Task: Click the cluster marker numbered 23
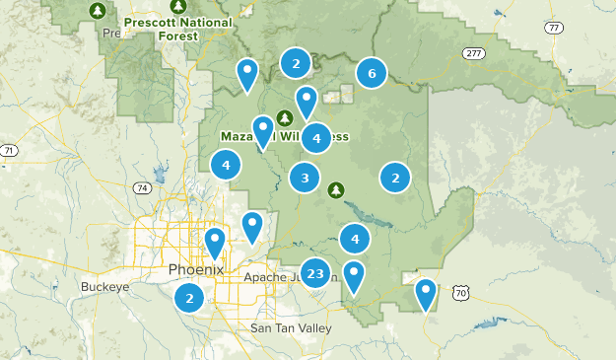coord(315,273)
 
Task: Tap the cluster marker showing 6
coord(371,72)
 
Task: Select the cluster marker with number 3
coord(305,179)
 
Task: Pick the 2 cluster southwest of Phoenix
coord(189,297)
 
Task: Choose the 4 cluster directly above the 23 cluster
coord(354,238)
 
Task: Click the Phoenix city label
coord(196,269)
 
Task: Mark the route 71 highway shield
coord(8,150)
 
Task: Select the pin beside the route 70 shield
coord(425,292)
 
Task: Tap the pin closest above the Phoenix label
coord(215,241)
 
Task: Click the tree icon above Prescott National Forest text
coord(97,11)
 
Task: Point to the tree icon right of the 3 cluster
coord(336,188)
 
